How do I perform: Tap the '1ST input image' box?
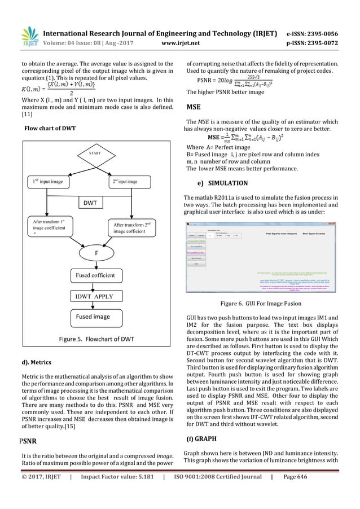(49, 181)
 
